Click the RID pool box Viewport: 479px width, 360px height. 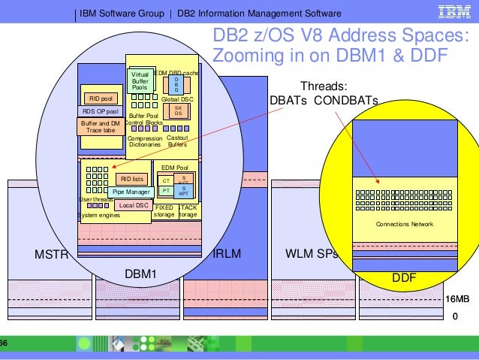101,98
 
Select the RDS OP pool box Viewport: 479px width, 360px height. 101,111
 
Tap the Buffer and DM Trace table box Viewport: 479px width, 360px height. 101,126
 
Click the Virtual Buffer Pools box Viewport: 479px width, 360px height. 140,81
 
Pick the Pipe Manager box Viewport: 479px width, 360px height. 132,192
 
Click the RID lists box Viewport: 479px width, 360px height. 132,179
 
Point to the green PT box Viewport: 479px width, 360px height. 166,191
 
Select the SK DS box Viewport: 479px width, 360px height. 178,110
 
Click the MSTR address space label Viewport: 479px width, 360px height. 52,254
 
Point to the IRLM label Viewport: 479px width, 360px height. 227,254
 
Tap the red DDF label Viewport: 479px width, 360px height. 404,278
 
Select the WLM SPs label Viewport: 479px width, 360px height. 312,253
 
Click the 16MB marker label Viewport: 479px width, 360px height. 457,299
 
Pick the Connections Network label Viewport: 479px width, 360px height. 405,224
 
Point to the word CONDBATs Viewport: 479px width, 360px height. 351,101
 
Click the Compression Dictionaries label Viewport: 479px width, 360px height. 145,141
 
